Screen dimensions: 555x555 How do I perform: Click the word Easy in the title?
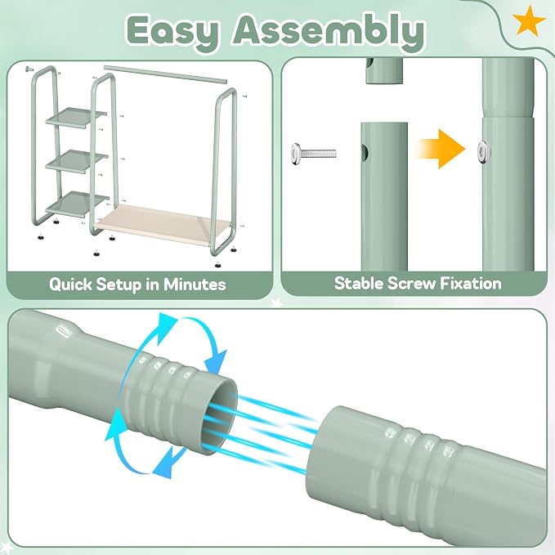tap(173, 32)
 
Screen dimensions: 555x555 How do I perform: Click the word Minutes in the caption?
tap(195, 284)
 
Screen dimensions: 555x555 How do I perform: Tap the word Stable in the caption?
tap(359, 284)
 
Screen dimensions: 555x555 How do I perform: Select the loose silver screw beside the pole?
tap(313, 154)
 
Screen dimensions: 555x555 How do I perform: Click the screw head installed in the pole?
tap(484, 152)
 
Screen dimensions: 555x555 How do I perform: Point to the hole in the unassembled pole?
tap(365, 152)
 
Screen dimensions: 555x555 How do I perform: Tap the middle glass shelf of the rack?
tap(77, 161)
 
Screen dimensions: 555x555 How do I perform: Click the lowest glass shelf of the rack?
tap(77, 204)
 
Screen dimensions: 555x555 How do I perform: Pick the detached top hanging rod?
tap(165, 74)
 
